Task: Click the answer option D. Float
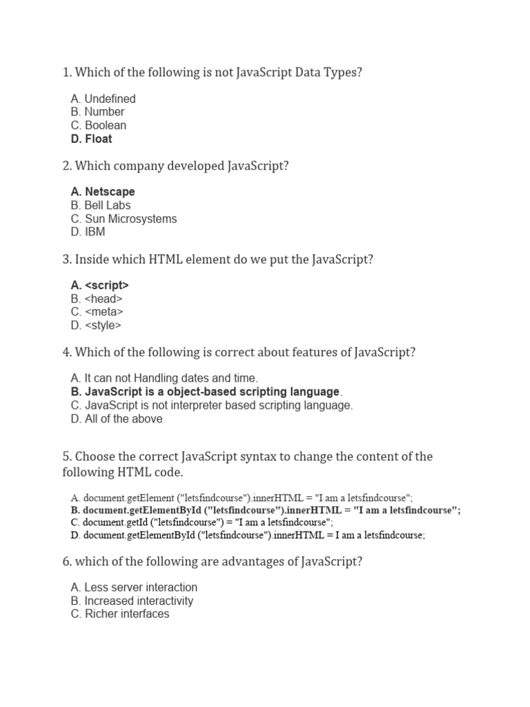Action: click(91, 139)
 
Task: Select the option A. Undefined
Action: click(103, 99)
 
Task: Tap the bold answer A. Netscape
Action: click(102, 192)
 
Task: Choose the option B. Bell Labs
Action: click(100, 205)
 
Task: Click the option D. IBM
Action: click(88, 232)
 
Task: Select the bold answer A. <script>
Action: click(99, 285)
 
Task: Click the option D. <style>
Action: click(95, 325)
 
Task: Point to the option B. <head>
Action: click(96, 299)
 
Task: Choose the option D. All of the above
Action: click(116, 419)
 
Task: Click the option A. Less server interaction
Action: click(134, 588)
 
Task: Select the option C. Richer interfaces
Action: click(119, 614)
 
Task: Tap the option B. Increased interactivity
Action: click(132, 601)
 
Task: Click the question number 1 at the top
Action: click(66, 72)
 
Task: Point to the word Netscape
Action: click(110, 192)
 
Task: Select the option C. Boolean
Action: click(98, 126)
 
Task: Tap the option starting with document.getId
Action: click(202, 523)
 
